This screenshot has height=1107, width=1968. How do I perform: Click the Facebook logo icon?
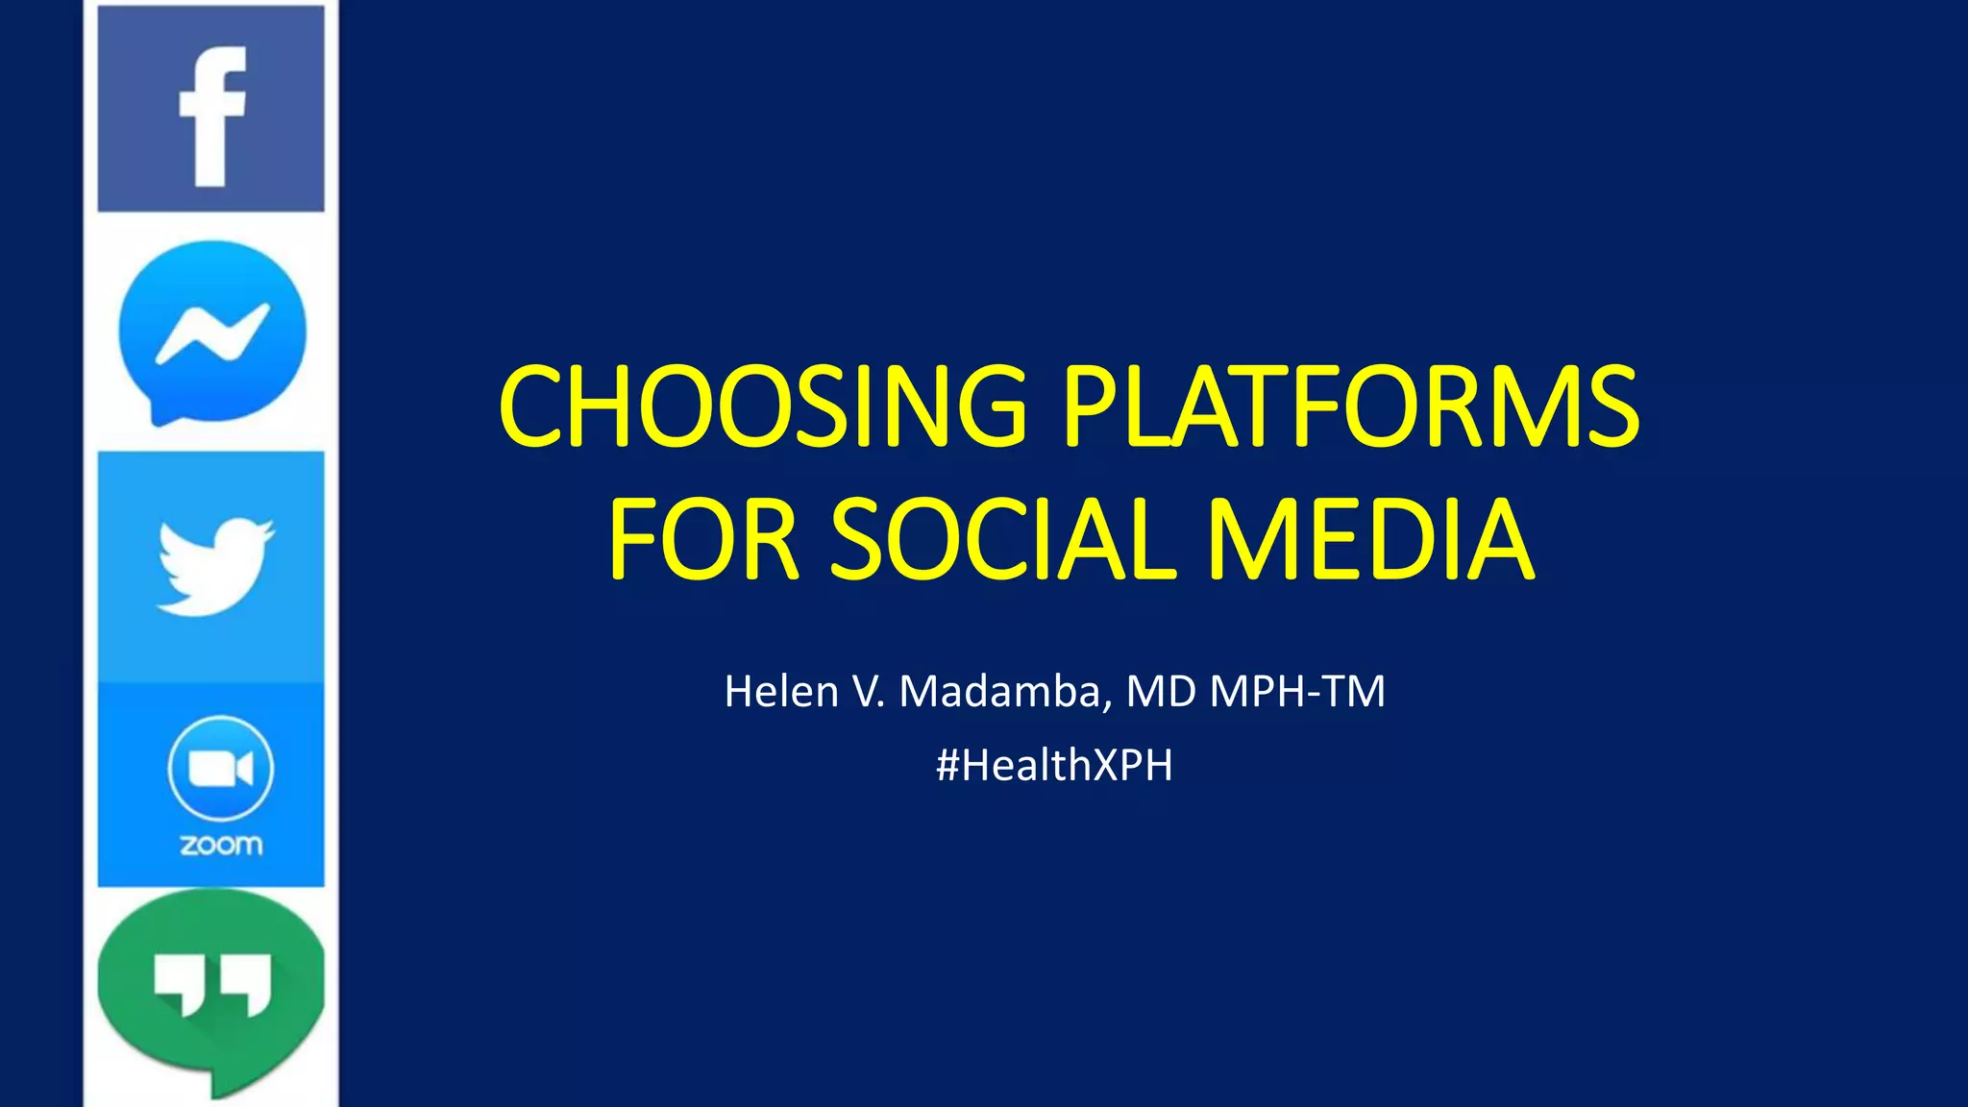click(210, 109)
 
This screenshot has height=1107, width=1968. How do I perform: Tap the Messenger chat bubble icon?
click(212, 332)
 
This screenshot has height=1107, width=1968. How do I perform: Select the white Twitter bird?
click(215, 567)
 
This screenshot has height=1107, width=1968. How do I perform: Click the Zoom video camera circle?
click(220, 768)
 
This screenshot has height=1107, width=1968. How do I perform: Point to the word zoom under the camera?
click(221, 845)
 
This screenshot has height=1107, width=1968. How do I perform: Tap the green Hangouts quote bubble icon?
click(211, 990)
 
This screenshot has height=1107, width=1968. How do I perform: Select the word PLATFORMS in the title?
click(1350, 406)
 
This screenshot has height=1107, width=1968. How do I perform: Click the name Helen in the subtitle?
click(781, 692)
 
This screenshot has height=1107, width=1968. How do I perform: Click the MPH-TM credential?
click(1297, 692)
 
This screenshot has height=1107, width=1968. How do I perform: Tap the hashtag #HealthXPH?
click(1054, 766)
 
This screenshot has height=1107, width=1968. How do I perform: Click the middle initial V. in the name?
click(869, 692)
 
